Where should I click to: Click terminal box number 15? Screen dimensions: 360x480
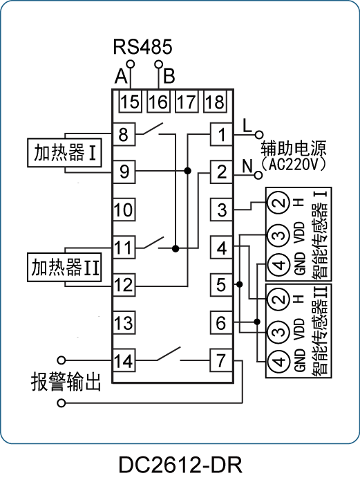tap(130, 102)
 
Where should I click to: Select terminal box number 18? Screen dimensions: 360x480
tap(215, 102)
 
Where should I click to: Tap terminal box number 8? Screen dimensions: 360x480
tap(124, 134)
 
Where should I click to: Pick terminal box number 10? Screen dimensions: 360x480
tap(124, 210)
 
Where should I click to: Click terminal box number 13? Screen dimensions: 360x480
tap(124, 323)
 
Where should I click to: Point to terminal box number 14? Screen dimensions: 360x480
tap(124, 360)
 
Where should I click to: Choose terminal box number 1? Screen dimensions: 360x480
tap(221, 134)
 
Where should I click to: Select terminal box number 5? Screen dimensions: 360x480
tap(221, 285)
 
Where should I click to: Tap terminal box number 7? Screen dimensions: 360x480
tap(221, 360)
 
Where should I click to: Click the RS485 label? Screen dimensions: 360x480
tap(142, 47)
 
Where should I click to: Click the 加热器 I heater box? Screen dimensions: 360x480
tap(64, 153)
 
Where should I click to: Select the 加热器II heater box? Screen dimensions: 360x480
tap(64, 267)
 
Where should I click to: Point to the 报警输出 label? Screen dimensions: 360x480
tap(66, 382)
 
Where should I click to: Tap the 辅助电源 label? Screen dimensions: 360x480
tap(294, 149)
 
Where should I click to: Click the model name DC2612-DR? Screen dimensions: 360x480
tap(180, 465)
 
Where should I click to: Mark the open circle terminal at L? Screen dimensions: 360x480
tap(259, 134)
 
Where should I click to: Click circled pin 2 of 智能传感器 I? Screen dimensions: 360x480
tap(278, 202)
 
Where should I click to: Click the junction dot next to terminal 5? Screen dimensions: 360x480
tap(240, 285)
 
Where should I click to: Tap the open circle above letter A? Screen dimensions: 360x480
tap(131, 64)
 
